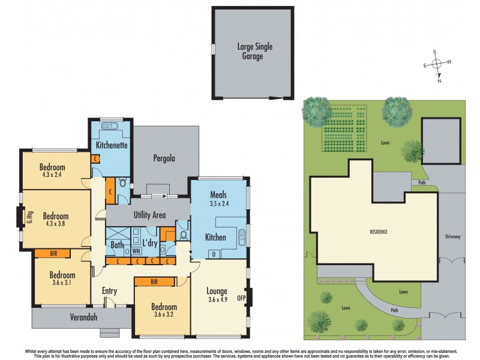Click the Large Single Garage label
click(x=253, y=51)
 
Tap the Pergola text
click(x=164, y=159)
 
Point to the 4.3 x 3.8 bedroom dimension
click(x=55, y=224)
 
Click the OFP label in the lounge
click(x=242, y=297)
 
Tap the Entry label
click(x=109, y=291)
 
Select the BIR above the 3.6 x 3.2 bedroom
click(x=154, y=281)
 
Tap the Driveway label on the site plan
click(x=453, y=236)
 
